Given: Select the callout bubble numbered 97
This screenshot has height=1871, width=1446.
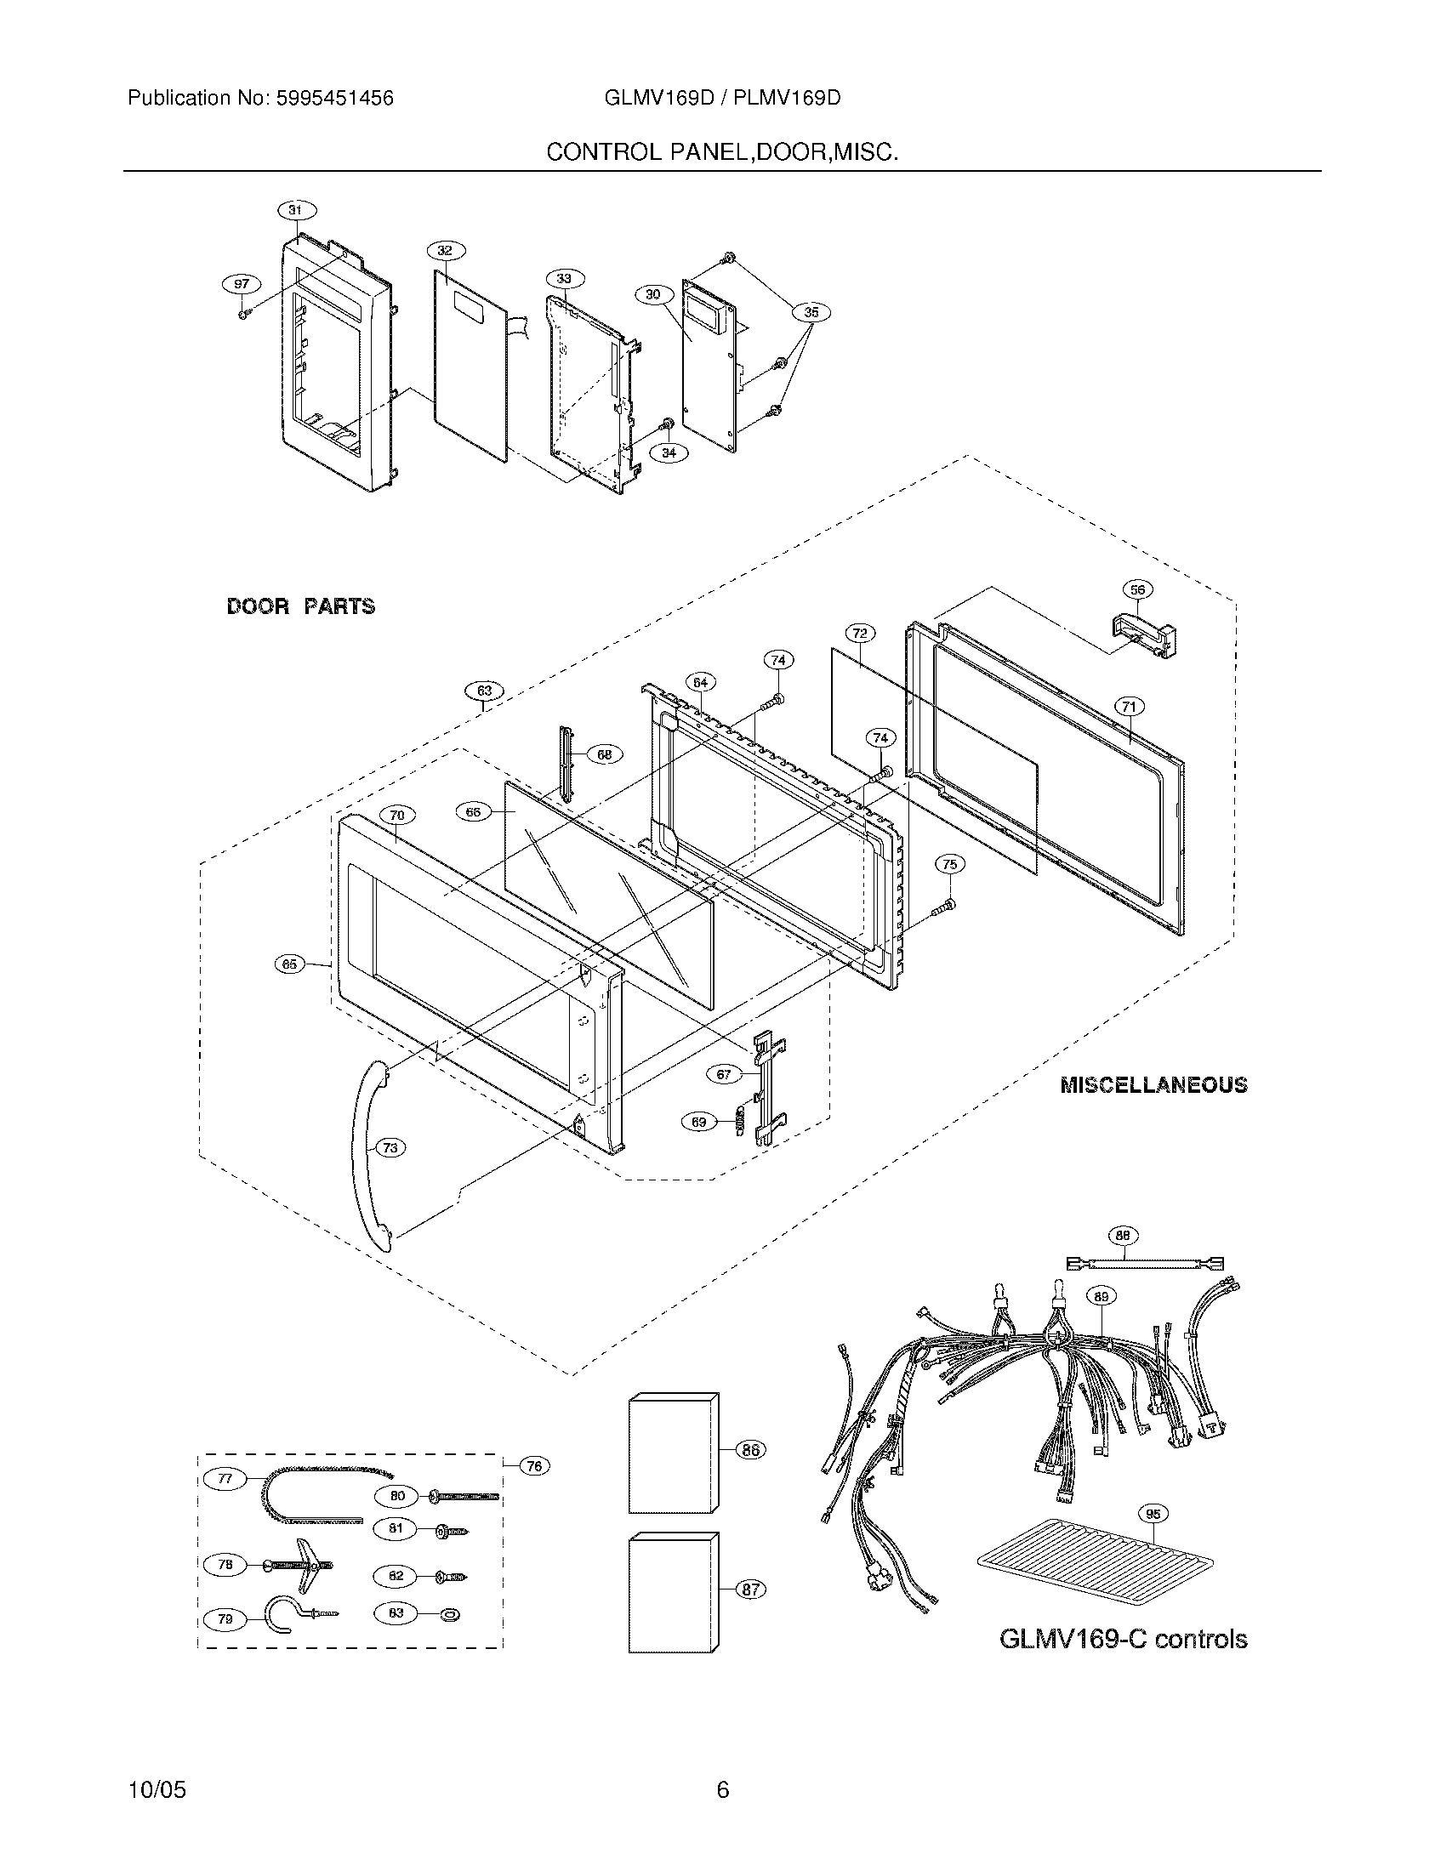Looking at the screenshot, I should pyautogui.click(x=242, y=283).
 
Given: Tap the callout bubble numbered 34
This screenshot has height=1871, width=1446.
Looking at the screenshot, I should pyautogui.click(x=669, y=452).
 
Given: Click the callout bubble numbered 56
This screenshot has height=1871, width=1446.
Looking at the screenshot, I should pyautogui.click(x=1137, y=589).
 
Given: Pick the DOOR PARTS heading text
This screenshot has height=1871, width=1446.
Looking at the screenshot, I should pyautogui.click(x=300, y=606).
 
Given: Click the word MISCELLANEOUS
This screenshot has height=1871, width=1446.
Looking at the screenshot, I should pyautogui.click(x=1153, y=1085).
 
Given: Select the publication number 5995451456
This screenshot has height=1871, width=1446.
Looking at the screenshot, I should pyautogui.click(x=334, y=99).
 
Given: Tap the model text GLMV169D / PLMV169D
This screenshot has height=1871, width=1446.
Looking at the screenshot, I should pyautogui.click(x=722, y=99).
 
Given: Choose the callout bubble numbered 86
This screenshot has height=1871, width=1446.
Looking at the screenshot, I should pyautogui.click(x=750, y=1450).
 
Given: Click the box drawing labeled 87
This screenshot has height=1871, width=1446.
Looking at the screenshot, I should pyautogui.click(x=673, y=1593).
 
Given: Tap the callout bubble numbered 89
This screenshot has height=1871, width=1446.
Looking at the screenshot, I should pyautogui.click(x=1102, y=1296).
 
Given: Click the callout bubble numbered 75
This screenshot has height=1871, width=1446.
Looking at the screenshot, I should pyautogui.click(x=949, y=864).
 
